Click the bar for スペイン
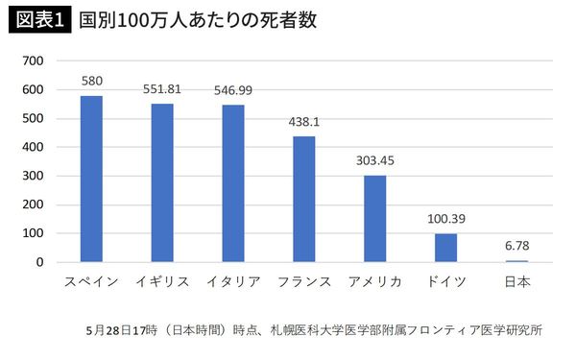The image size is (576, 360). (x=91, y=179)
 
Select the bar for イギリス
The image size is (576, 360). (x=162, y=182)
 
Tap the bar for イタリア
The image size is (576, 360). (x=233, y=183)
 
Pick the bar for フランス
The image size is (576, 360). (x=304, y=199)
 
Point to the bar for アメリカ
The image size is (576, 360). (x=374, y=218)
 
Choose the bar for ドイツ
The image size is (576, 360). (x=445, y=248)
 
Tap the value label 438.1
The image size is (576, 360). (x=304, y=123)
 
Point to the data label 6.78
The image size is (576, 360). (x=516, y=247)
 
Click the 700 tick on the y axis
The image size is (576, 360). (x=34, y=60)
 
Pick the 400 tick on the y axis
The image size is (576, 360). (x=34, y=147)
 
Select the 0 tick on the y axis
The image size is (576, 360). (x=39, y=262)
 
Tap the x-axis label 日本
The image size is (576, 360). (x=516, y=281)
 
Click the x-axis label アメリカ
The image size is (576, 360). (x=374, y=281)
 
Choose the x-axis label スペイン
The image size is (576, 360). (x=91, y=281)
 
